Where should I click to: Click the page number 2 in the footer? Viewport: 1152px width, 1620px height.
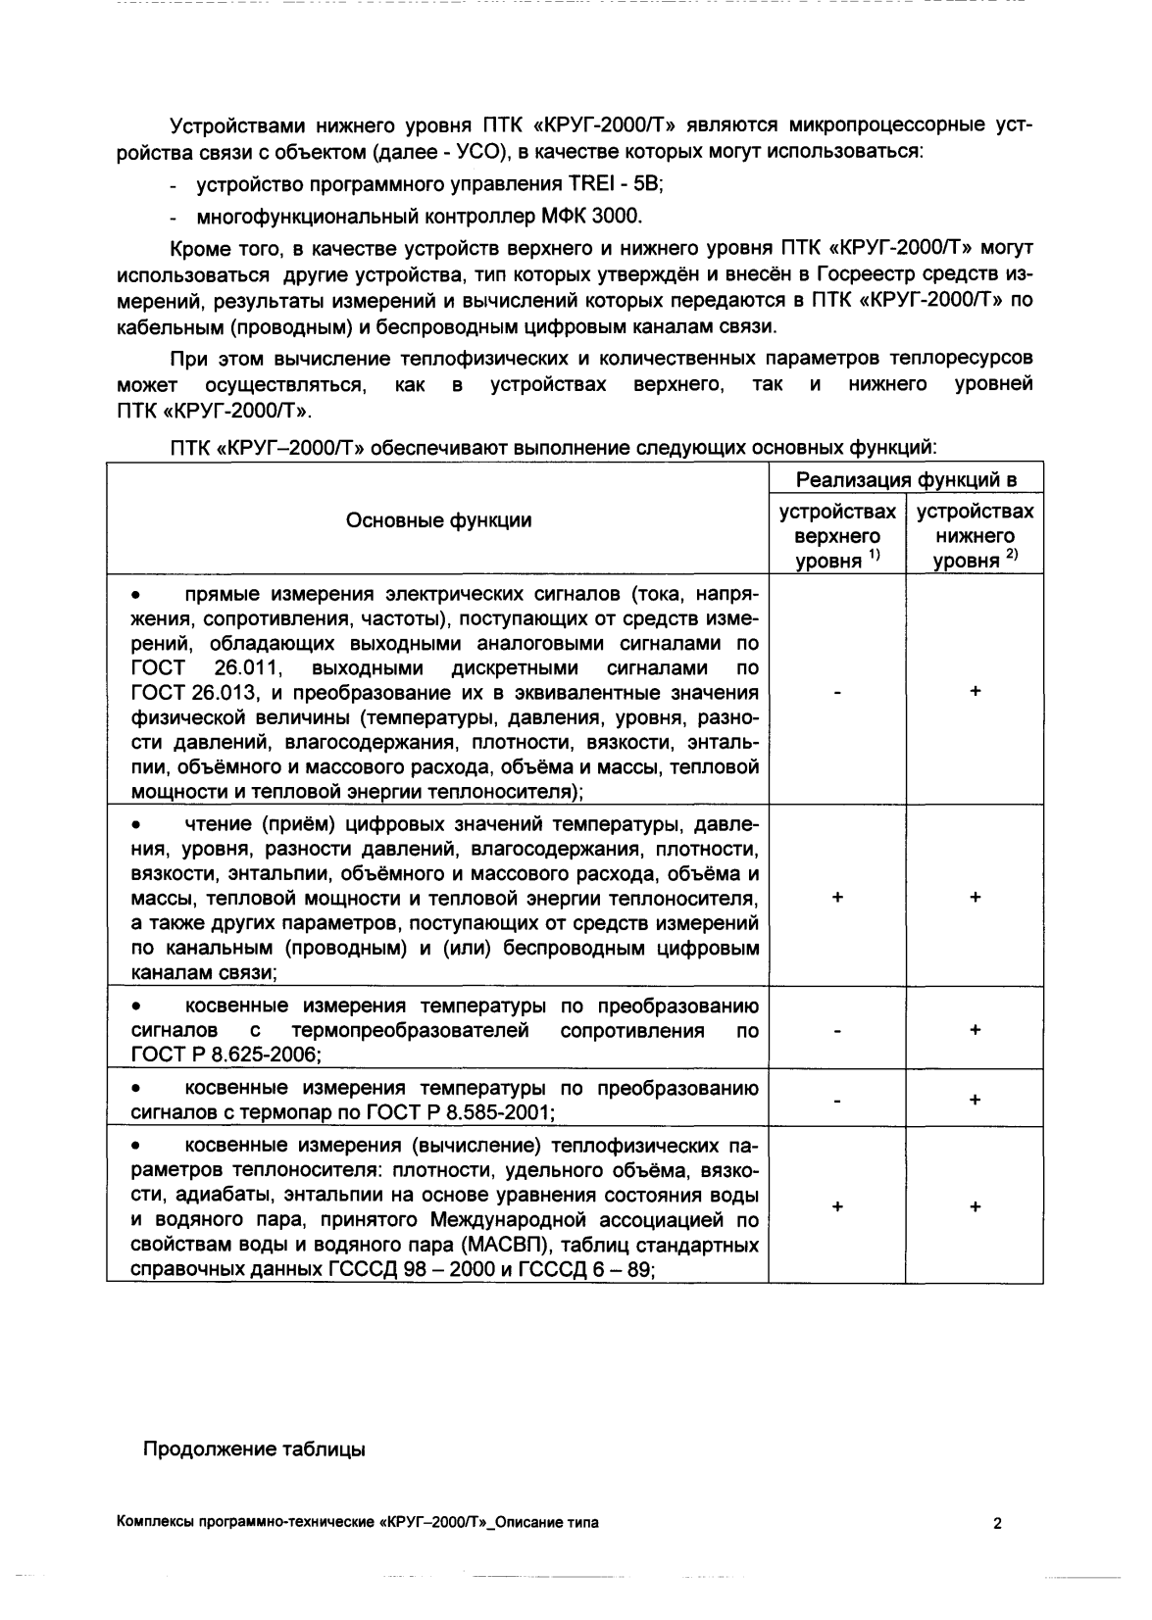[x=997, y=1523]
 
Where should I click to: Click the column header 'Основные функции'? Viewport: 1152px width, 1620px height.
[x=438, y=520]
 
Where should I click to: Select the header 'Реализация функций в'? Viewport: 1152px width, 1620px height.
[x=905, y=479]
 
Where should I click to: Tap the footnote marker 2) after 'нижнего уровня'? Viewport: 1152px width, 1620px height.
[x=1010, y=557]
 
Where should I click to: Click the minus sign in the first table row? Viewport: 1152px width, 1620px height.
[x=836, y=692]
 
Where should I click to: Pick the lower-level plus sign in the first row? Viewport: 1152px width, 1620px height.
[x=975, y=692]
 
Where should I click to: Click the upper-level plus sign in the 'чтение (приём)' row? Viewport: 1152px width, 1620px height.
[x=836, y=898]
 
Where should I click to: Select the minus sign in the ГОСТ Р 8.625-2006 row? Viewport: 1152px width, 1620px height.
[x=836, y=1031]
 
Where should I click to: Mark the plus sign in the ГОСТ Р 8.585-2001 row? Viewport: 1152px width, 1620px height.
[x=975, y=1101]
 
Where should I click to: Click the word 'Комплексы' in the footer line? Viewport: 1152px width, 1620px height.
[x=155, y=1523]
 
